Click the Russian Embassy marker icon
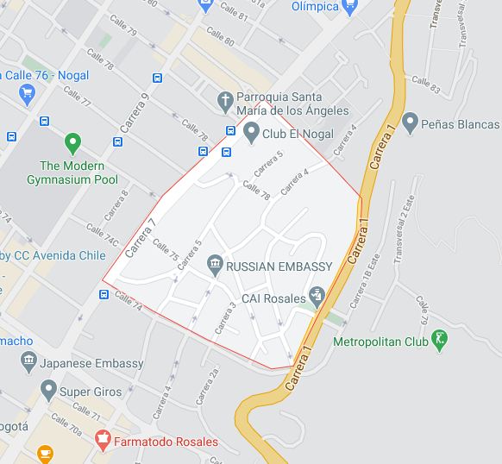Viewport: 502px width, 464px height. coord(215,267)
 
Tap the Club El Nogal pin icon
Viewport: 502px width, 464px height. coord(251,132)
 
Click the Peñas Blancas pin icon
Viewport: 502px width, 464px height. coord(410,122)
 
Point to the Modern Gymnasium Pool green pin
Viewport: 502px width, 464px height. coord(72,142)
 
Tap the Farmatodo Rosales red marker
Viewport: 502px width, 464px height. coord(103,441)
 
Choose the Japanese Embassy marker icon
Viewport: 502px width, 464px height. coord(28,362)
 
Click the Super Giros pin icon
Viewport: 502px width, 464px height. coord(47,392)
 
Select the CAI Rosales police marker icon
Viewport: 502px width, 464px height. coord(317,297)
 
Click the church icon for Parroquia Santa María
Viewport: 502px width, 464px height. coord(224,101)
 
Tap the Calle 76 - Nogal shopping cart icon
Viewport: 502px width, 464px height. coord(27,93)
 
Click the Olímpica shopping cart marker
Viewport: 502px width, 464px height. coord(349,7)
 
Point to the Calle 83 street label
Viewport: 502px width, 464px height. coord(425,85)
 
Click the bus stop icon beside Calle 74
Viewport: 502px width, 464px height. coord(104,294)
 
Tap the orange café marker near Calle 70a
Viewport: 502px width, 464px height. coord(44,452)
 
